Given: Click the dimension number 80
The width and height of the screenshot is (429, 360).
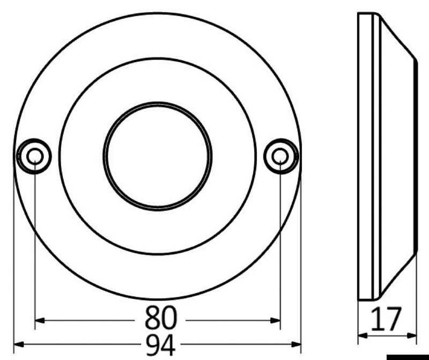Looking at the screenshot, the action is [161, 318].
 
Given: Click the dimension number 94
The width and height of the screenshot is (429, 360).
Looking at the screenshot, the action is [160, 345].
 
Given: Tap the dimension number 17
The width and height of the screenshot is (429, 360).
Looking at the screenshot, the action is [386, 319].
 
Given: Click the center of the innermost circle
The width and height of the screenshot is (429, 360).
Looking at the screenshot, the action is [157, 156].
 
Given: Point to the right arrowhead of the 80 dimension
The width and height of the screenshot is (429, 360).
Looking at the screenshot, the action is [275, 320].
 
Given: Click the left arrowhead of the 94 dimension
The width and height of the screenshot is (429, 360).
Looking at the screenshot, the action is [19, 344].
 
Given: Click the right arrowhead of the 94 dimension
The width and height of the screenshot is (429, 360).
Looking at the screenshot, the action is [296, 344].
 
